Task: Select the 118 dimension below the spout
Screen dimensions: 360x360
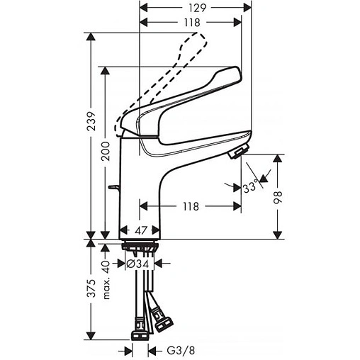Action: coord(189,206)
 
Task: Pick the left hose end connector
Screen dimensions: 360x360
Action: coord(140,328)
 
